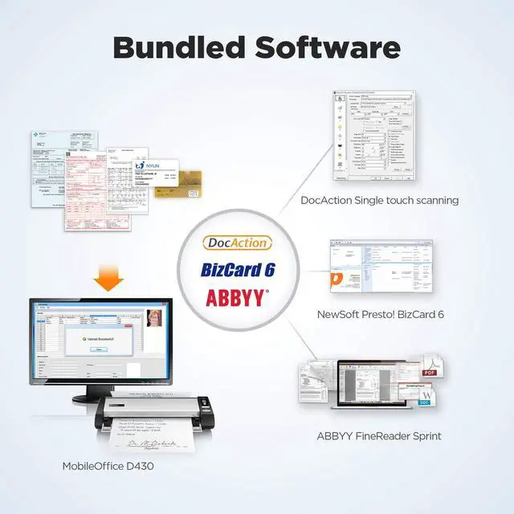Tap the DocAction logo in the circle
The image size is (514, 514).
(238, 243)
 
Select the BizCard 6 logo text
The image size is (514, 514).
(238, 269)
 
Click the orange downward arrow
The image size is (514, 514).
(108, 278)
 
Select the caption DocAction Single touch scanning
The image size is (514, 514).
(380, 200)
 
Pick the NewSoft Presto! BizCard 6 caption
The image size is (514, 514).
(380, 314)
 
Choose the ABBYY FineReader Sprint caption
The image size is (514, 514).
(379, 436)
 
